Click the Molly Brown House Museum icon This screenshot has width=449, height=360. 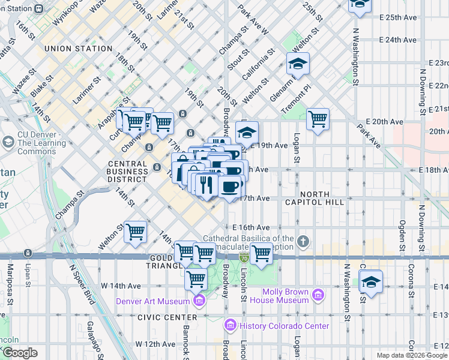[318, 295]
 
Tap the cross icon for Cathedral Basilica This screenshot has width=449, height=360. [304, 242]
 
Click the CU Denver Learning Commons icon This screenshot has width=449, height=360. [8, 142]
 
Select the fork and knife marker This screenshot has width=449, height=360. [205, 184]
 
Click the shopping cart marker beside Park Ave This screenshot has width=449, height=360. [318, 119]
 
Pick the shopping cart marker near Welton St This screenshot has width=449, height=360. [136, 231]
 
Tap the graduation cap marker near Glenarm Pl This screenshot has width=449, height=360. [297, 63]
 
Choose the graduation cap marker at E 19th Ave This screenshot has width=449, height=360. [247, 132]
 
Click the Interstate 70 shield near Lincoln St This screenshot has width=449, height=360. [244, 257]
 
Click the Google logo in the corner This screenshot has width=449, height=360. [20, 352]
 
